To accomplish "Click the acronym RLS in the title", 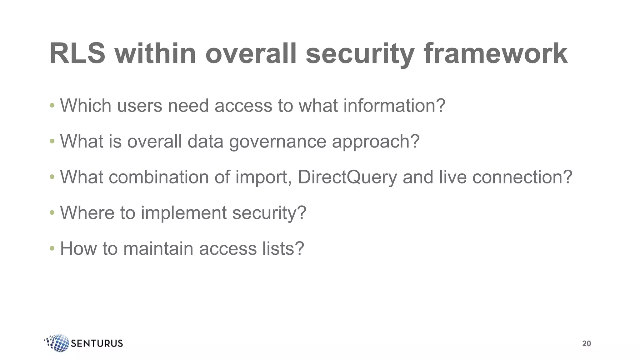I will [77, 53].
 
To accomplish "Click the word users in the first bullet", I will [140, 106].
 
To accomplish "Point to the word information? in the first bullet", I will [394, 106].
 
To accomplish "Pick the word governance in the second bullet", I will [277, 142].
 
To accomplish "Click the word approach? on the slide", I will [376, 142].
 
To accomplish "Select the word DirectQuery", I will [347, 177].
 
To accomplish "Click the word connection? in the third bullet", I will [522, 177].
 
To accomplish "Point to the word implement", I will [184, 213].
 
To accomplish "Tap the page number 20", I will [586, 344].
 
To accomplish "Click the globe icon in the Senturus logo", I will [58, 343].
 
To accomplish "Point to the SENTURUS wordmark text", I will [97, 343].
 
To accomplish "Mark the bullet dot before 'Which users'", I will [52, 106].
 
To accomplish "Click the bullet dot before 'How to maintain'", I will [52, 249].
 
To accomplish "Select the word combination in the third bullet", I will [158, 177].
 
